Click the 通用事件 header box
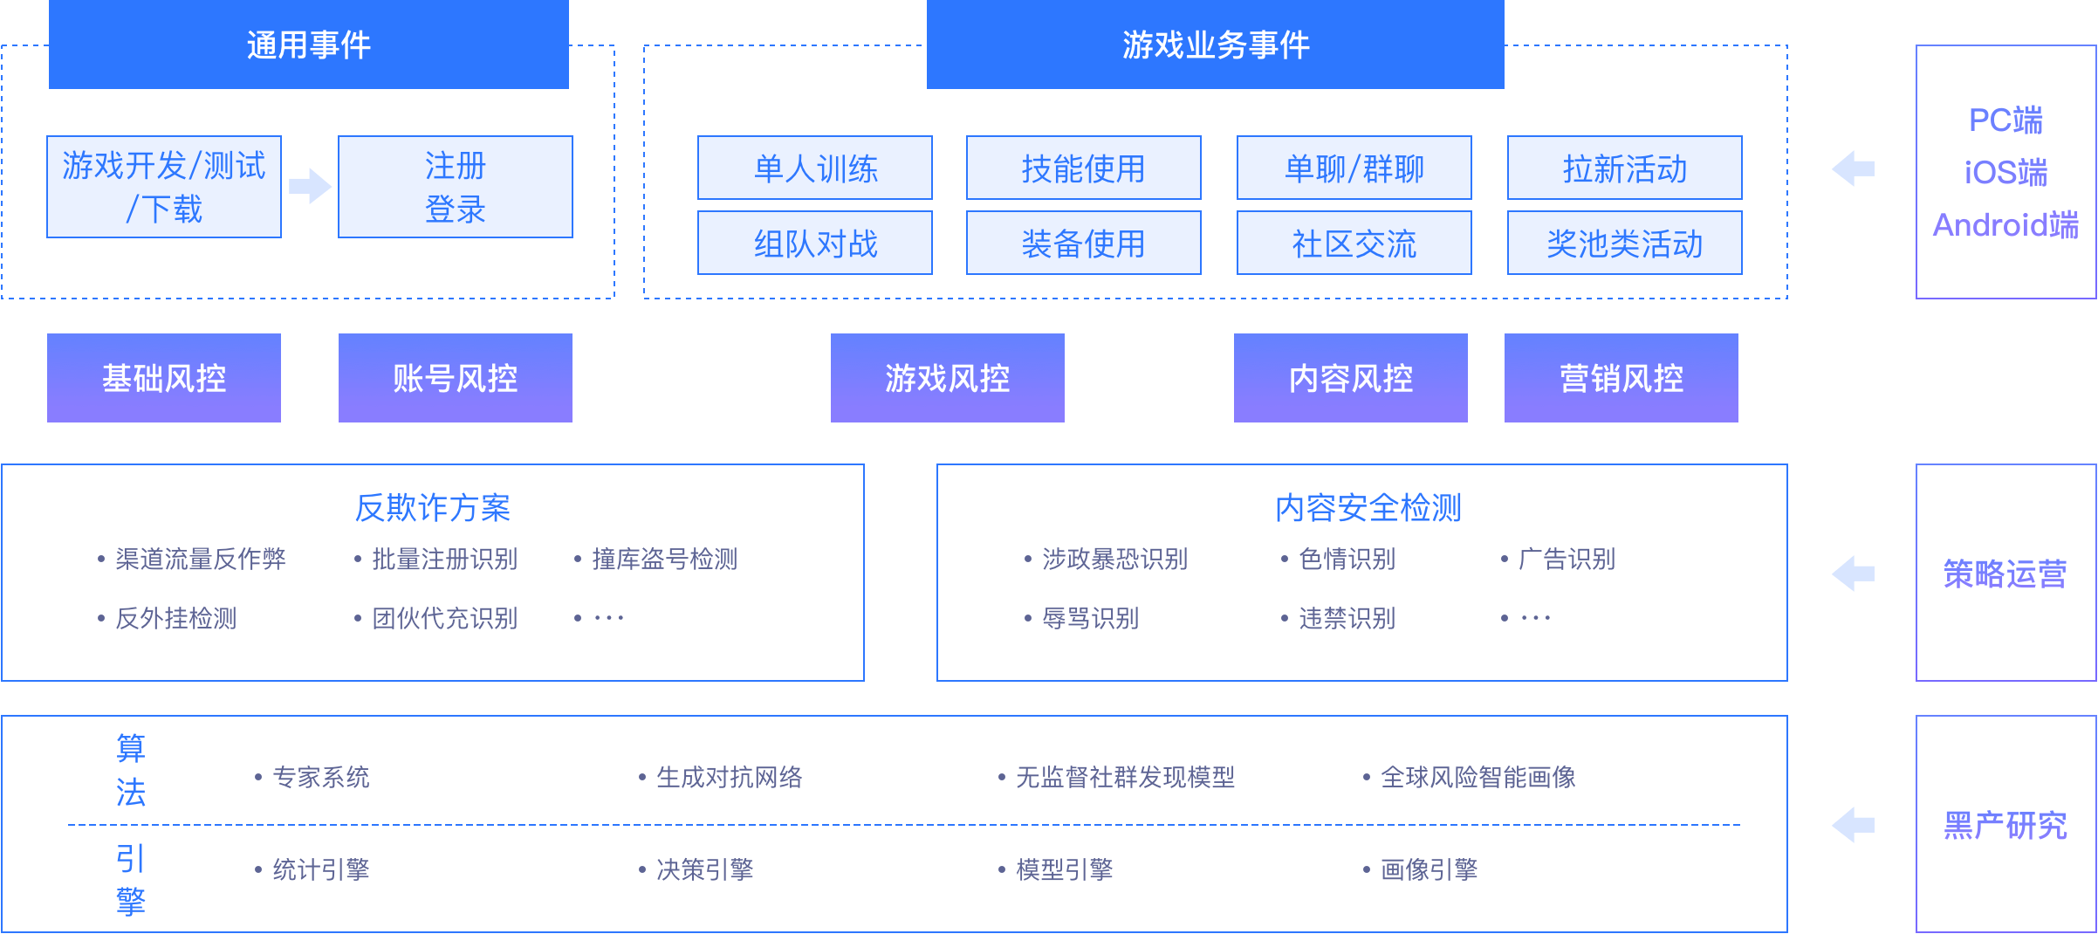(309, 45)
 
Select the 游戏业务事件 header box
(1216, 45)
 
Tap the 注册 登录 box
(456, 187)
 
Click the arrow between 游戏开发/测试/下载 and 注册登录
(310, 186)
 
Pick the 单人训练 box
(815, 168)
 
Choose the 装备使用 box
(1084, 243)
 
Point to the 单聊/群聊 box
(1354, 168)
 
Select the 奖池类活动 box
(1625, 243)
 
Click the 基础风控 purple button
(164, 378)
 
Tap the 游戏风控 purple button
(948, 378)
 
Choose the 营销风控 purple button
(1621, 378)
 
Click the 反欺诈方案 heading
(433, 507)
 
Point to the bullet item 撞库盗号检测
(656, 559)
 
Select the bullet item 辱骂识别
(1082, 618)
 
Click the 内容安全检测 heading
(1368, 507)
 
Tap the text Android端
(2006, 225)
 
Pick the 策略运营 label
(2005, 573)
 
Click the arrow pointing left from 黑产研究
(1854, 825)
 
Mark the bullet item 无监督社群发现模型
(1117, 777)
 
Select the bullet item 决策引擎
(696, 869)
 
